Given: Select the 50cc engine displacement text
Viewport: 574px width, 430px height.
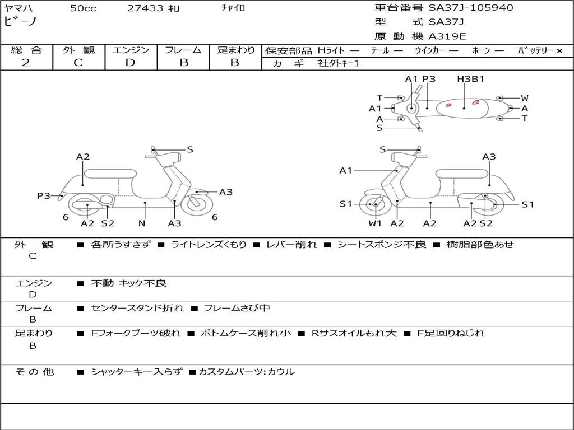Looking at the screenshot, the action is point(82,8).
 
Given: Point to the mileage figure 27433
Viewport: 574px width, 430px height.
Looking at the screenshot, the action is point(145,8).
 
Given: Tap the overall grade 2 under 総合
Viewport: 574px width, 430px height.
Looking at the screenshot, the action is point(26,62).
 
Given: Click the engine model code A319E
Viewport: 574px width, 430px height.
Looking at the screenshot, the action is point(447,37).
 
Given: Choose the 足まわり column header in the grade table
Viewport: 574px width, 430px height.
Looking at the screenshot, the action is point(235,50).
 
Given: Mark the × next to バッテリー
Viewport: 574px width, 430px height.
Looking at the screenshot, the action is point(559,50).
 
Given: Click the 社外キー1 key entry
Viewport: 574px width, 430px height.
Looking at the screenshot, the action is point(340,63).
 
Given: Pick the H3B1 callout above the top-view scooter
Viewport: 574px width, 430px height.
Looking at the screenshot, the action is point(470,79).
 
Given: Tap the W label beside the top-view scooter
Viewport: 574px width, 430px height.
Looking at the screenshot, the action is point(525,98).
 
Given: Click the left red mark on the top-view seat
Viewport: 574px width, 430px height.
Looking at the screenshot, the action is point(448,104).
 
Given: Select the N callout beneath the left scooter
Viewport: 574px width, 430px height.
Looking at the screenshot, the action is point(142,223).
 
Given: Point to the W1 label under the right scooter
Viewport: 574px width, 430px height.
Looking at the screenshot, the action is point(375,223).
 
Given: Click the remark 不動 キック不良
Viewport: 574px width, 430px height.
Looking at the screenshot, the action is point(128,283).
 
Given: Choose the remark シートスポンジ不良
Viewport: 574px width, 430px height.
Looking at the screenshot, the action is point(381,245).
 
